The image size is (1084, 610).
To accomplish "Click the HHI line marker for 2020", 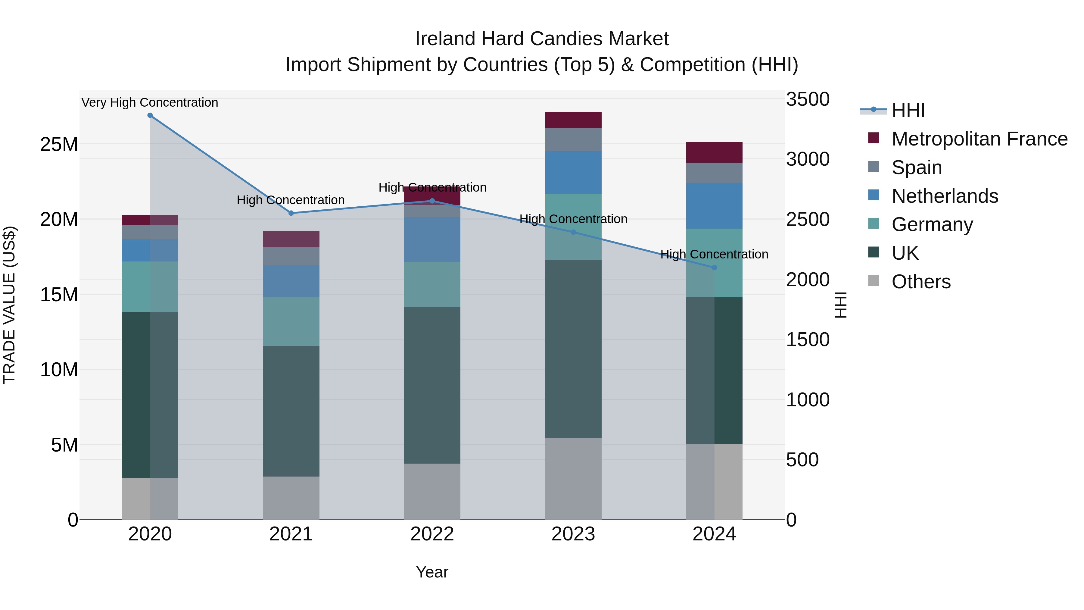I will [x=150, y=115].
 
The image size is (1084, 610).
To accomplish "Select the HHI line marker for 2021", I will [x=291, y=213].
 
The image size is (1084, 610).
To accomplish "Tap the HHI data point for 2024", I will [x=714, y=268].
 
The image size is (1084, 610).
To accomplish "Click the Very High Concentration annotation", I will [x=150, y=102].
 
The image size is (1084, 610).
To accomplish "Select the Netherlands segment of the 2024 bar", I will [x=714, y=206].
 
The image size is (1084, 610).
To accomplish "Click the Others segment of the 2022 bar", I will [x=432, y=491].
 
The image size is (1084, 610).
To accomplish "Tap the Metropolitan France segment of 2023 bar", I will [x=573, y=120].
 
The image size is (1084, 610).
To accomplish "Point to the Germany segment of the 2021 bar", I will [x=291, y=321].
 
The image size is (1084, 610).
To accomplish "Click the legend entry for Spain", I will [x=917, y=167].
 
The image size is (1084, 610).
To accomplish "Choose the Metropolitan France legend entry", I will [x=979, y=139].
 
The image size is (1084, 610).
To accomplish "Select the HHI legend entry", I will [x=908, y=110].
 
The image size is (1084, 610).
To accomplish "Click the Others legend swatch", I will [x=874, y=281].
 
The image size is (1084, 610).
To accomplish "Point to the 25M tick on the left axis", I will [x=59, y=144].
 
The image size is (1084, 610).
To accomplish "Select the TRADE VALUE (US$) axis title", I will [x=10, y=305].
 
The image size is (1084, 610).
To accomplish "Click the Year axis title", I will [x=432, y=572].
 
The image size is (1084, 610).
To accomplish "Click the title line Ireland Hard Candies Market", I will [x=542, y=39].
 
